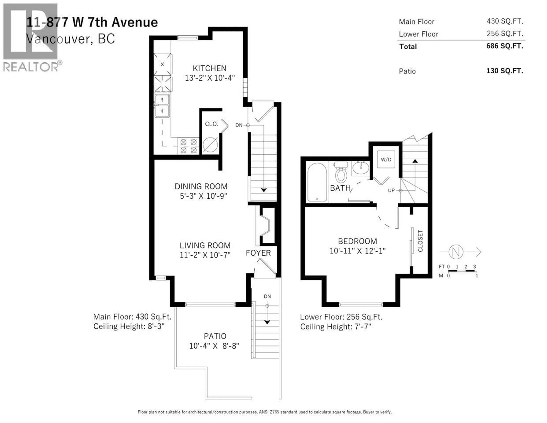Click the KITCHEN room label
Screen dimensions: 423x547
pos(209,68)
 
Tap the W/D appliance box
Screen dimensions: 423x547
pos(386,159)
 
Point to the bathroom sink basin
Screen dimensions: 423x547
pos(360,168)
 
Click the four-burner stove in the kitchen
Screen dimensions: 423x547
pos(188,146)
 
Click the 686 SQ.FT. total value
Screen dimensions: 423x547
pos(504,46)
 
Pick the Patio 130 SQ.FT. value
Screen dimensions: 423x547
pos(504,71)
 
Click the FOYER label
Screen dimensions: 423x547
pos(258,253)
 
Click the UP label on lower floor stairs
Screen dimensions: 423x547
pos(391,190)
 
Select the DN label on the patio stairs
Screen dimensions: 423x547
pos(267,296)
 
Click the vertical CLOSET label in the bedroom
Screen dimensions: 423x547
pos(420,241)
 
